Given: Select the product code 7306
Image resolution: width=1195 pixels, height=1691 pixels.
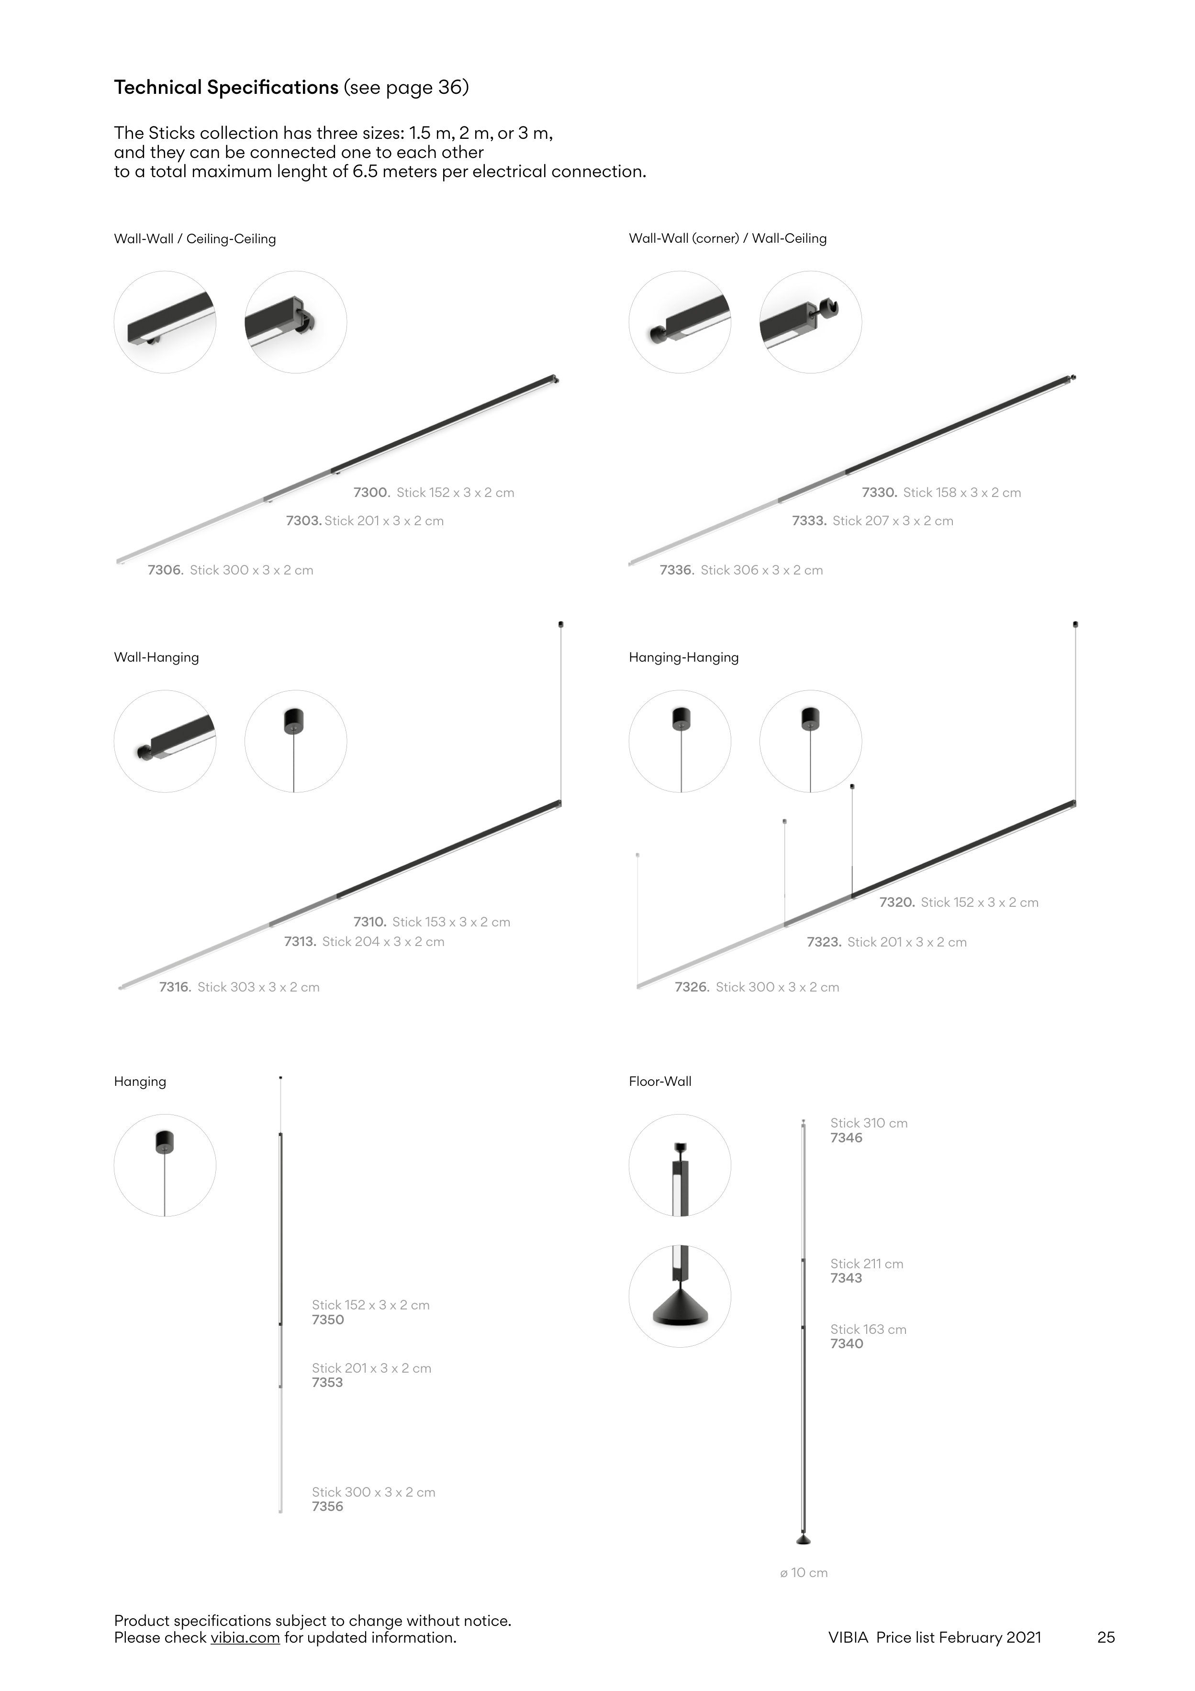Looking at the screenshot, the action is point(166,570).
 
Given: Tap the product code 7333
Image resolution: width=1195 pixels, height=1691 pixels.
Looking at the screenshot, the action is point(810,521).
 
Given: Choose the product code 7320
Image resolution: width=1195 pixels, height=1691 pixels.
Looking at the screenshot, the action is point(897,902).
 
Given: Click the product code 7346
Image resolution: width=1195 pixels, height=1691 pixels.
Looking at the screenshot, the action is point(846,1138).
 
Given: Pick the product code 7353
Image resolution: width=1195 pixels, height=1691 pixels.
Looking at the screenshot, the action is point(328,1382).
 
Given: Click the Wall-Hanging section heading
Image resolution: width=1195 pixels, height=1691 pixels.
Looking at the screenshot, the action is point(156,658).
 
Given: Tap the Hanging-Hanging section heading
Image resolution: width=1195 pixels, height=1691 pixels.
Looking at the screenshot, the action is point(683,658).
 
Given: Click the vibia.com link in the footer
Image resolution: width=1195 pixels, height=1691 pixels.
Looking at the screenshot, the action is point(245,1637).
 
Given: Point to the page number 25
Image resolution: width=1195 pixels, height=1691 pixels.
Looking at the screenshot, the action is point(1106,1637).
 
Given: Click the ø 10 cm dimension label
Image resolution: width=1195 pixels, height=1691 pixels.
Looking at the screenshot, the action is point(804,1572).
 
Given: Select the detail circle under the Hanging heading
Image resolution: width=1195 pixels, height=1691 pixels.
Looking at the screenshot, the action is point(165,1165).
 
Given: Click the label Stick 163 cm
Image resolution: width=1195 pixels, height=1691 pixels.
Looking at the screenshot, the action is point(868,1330).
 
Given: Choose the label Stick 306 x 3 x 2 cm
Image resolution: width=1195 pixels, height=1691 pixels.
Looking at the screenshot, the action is point(762,570).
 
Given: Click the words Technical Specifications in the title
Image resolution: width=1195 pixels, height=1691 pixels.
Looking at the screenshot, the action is point(226,88).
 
